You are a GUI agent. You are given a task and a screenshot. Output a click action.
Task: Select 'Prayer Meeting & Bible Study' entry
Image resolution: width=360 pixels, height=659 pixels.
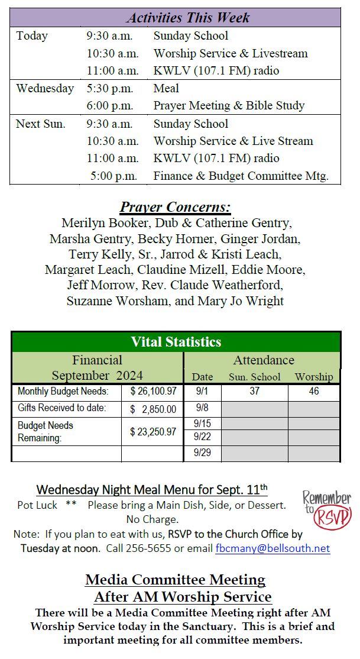coord(229,106)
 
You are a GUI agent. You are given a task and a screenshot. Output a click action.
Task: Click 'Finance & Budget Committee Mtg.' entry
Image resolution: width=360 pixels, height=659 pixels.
coord(241,176)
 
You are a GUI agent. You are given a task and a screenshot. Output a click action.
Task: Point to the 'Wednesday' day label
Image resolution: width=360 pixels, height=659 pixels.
coord(45,88)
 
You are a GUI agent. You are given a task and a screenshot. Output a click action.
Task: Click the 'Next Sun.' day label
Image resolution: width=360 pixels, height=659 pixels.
coord(41,124)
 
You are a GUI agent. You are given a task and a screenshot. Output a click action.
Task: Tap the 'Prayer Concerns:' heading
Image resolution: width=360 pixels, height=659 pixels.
coord(175,208)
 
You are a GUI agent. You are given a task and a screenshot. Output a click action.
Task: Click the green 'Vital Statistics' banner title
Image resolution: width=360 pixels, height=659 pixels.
coord(176,342)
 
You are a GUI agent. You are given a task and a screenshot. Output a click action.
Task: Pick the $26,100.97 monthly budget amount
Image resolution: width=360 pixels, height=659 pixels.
coord(153,392)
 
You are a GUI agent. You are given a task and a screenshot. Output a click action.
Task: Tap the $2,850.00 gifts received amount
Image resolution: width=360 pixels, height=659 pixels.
coord(153,409)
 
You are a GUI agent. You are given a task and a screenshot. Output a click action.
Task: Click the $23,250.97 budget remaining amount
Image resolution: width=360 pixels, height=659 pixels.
coord(153,432)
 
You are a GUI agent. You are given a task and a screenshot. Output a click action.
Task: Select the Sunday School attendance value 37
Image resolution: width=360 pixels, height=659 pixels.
coord(254,392)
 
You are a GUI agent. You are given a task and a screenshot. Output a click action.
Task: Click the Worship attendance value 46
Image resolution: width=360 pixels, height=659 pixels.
coord(314,392)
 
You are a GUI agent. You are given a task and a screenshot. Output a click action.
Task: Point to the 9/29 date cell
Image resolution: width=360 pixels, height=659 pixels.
coord(202,454)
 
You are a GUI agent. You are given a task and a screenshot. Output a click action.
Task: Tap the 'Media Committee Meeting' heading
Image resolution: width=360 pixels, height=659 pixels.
coord(175,580)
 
